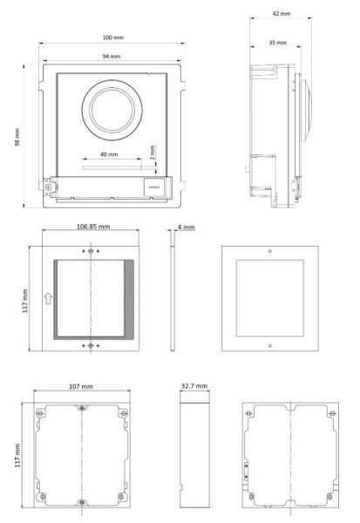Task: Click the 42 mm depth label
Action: click(x=281, y=14)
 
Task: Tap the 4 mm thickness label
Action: click(x=185, y=227)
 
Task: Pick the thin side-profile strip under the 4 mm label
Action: click(x=172, y=296)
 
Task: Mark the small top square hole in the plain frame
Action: click(x=270, y=252)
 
